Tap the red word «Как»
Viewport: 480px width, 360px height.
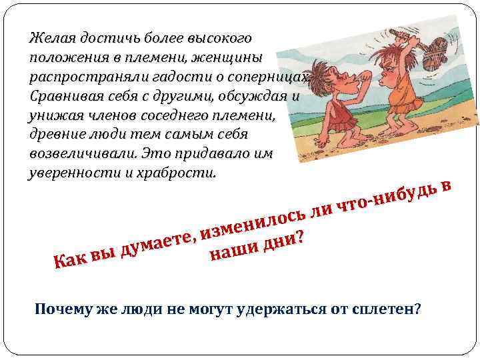tap(67, 264)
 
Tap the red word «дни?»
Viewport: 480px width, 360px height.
tap(283, 239)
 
